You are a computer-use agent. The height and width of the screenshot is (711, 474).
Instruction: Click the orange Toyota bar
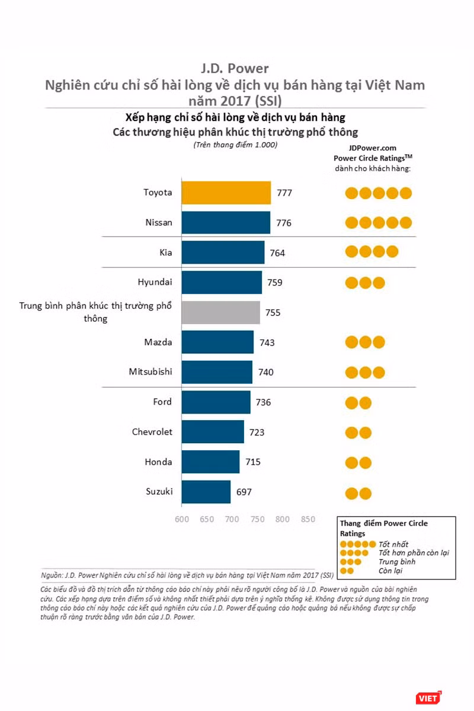coord(226,193)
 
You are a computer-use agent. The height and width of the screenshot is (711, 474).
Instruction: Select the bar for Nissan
coord(226,223)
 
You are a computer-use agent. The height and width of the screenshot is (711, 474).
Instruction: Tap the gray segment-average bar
coord(220,312)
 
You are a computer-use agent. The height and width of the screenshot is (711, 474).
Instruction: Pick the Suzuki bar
coord(206,492)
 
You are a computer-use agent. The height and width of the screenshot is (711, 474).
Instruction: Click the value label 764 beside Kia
coord(277,253)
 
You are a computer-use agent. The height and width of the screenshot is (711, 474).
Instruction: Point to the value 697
coord(244,492)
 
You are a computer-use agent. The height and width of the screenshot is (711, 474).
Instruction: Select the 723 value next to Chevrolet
coord(257,433)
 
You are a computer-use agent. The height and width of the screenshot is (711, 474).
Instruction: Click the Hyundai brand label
coord(155,282)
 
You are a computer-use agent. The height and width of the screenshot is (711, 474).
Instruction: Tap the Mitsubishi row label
coord(150,371)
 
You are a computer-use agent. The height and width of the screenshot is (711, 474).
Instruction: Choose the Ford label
coord(162,402)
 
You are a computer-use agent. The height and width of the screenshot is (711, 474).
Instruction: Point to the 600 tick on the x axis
coord(182,519)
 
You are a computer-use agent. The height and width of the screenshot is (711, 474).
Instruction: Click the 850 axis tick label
coord(308,519)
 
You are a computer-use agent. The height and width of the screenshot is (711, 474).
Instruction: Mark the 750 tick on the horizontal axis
coord(258,519)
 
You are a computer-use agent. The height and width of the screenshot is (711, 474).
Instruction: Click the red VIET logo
coord(428,698)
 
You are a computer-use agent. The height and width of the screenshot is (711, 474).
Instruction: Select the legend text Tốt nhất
coord(393,545)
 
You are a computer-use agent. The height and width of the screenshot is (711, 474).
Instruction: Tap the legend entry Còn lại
coord(390,571)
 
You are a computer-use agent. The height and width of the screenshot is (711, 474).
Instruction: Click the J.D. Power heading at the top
coord(235,69)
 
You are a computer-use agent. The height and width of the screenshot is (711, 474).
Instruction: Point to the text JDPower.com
coord(373,148)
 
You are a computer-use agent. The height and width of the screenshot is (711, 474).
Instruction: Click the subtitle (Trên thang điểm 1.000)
coord(235,145)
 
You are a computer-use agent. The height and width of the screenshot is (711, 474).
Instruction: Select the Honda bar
coord(210,462)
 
